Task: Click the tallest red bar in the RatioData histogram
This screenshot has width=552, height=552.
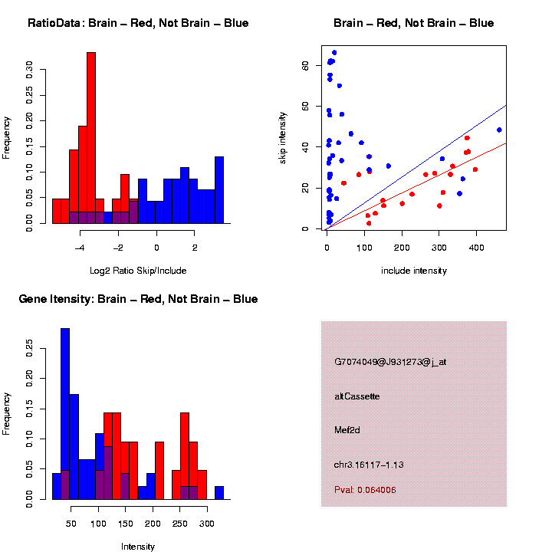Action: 91,138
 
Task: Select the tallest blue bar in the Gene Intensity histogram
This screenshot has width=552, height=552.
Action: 65,414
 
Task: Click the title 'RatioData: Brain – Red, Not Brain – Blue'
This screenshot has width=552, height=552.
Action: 138,23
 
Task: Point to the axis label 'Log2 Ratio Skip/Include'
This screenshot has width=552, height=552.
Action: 138,270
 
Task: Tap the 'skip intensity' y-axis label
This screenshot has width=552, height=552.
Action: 283,137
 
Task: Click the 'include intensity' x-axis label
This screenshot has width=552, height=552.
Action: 414,270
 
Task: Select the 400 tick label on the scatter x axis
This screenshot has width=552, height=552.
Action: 476,248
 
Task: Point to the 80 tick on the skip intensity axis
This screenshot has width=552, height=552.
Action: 304,66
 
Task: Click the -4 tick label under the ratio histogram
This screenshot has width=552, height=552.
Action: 80,248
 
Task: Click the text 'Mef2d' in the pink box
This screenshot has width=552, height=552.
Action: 347,429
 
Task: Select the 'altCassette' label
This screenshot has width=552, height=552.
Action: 356,396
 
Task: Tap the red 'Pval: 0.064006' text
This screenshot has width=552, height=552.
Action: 365,490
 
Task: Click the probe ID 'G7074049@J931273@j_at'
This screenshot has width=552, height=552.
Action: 390,362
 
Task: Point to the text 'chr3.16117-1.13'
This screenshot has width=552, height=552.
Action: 369,465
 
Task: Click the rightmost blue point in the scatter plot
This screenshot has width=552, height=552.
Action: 499,130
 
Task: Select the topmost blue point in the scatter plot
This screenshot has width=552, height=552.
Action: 334,52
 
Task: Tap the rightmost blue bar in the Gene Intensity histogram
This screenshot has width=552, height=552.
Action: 219,493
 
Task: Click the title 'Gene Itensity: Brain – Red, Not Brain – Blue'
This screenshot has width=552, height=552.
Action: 138,299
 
